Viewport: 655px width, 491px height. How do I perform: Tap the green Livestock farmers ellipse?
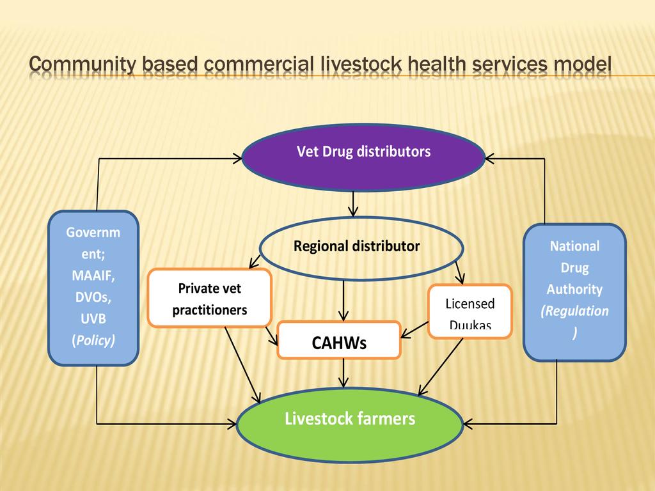pos(349,425)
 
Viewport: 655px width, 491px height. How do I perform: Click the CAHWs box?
pos(339,341)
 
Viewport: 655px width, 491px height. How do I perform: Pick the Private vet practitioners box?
pos(210,298)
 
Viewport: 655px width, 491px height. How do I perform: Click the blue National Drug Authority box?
pos(574,292)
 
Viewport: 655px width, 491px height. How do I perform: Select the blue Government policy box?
pos(93,287)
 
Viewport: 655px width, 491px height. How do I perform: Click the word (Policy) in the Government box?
pos(93,340)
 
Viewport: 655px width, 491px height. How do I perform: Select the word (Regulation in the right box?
pos(574,311)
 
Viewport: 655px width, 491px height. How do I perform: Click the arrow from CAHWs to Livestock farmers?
pos(345,373)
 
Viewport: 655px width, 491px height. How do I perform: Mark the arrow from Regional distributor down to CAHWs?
pos(344,300)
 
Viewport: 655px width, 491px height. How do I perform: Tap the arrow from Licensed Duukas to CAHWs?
pos(416,329)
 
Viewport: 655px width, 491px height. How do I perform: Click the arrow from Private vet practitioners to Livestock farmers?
pos(243,364)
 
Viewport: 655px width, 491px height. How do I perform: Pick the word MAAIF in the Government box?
pos(93,276)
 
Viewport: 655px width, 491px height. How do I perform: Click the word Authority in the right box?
pos(574,290)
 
